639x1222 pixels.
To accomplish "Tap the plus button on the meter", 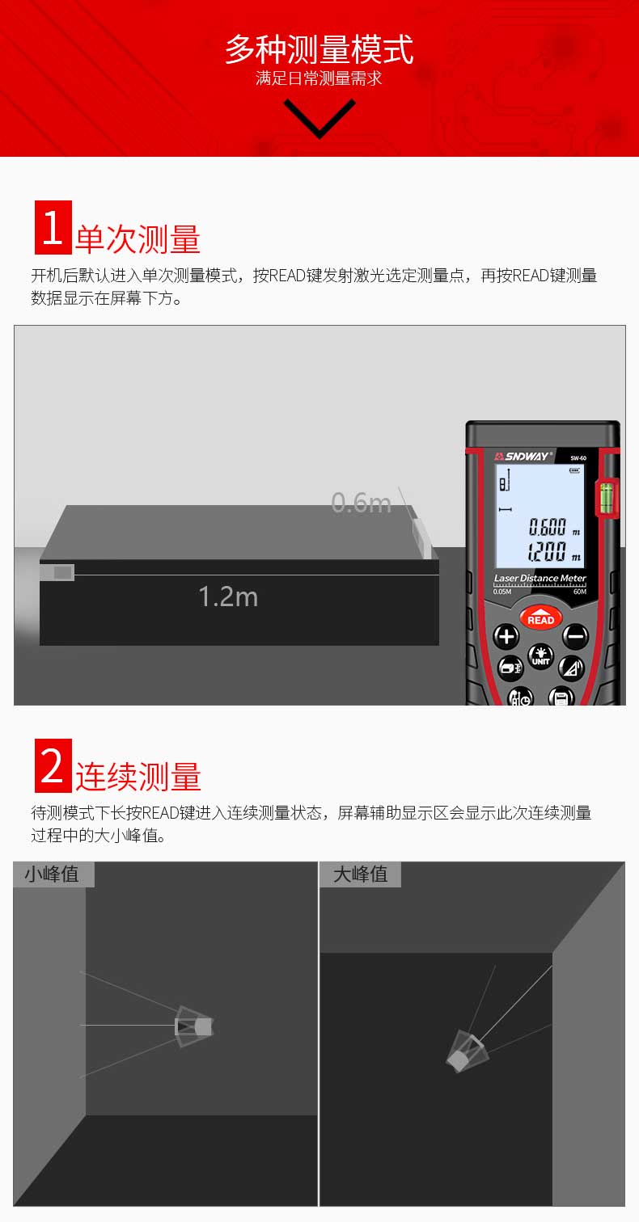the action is point(506,636).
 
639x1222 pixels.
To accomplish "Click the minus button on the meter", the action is point(575,636).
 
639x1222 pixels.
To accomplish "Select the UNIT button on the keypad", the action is point(540,656).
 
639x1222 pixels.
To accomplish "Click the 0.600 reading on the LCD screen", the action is point(548,527).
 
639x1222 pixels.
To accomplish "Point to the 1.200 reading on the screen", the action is point(547,551).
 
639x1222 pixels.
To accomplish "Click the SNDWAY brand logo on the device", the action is point(524,456).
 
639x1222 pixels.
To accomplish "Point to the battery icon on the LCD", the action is point(574,470).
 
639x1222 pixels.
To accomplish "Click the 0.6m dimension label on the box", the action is point(361,503).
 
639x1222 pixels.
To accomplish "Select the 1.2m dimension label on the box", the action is point(228,596).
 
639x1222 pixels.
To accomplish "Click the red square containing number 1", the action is point(53,227).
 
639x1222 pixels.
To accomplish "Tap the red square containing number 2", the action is point(53,765).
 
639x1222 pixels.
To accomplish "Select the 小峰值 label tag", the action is point(53,874).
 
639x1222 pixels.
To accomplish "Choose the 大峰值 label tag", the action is point(361,874).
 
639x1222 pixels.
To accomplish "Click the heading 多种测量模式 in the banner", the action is point(319,49).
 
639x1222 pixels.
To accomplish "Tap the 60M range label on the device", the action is point(580,592).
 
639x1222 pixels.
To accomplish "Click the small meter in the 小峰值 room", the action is point(194,1026).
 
